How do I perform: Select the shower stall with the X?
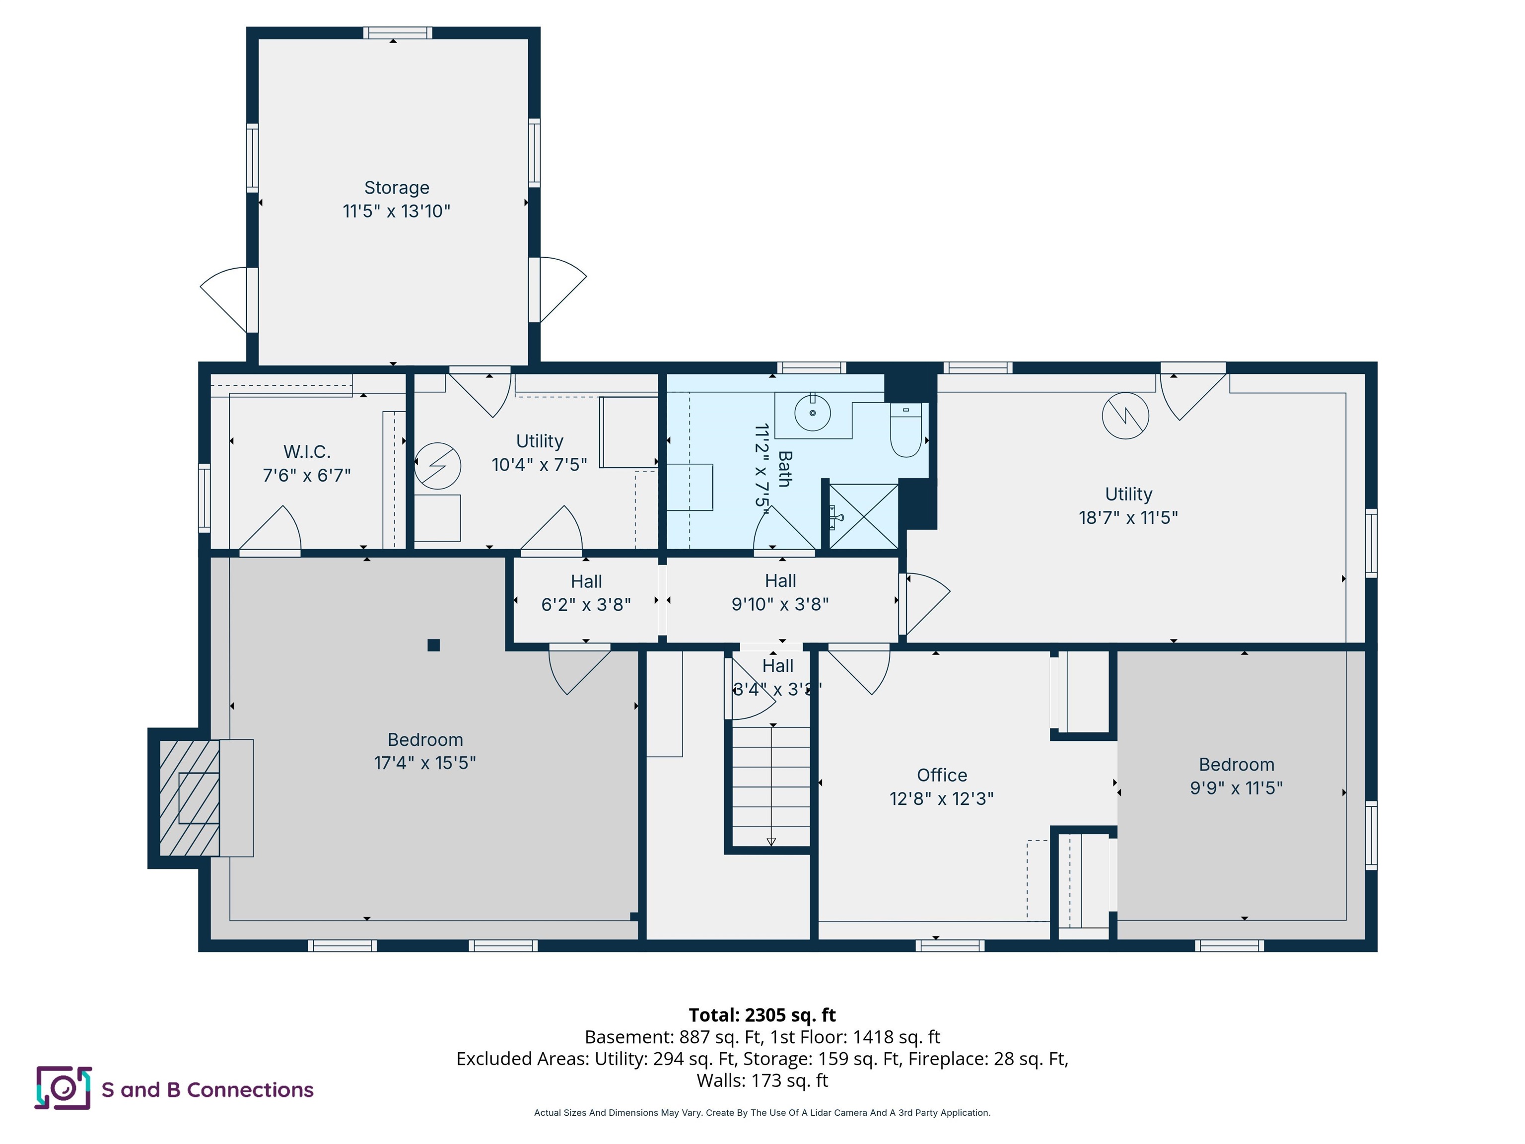(863, 516)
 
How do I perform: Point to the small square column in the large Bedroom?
(434, 645)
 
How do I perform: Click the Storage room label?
(397, 188)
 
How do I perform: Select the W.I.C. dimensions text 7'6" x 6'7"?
(307, 475)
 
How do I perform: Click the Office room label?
(942, 775)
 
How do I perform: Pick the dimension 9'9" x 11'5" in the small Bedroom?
(1236, 787)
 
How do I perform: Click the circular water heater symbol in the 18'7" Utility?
(1125, 416)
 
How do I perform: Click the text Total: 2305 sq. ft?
(762, 1015)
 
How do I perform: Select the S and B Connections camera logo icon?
(63, 1088)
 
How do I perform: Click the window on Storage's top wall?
(398, 32)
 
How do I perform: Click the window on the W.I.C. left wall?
(204, 498)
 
